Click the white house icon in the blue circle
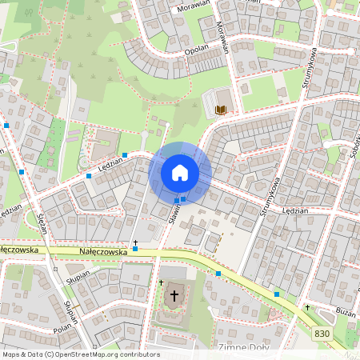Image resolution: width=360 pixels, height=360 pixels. click(180, 173)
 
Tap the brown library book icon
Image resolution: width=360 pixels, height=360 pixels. click(222, 108)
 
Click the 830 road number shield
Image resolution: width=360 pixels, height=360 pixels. click(322, 333)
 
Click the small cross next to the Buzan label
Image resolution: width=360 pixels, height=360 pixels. click(307, 307)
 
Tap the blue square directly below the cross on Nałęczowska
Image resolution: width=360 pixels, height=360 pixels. click(135, 250)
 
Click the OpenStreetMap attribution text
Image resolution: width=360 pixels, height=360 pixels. click(80, 354)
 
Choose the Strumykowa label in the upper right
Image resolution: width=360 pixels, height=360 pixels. click(311, 76)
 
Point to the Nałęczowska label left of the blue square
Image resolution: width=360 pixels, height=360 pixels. click(103, 251)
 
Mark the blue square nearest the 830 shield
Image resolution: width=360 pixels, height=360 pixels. click(277, 294)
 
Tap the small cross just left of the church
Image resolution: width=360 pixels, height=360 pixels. click(161, 283)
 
